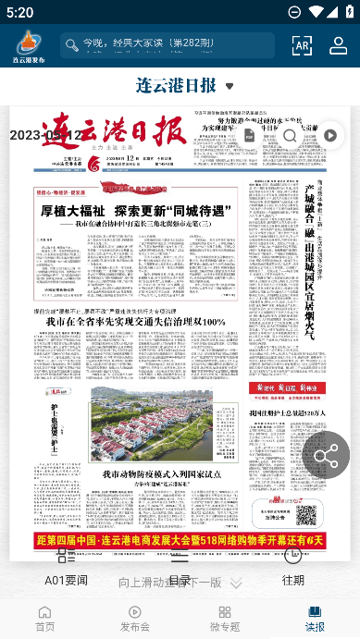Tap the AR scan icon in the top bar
(x=302, y=45)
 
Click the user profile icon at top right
(x=338, y=45)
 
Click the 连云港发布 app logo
(x=28, y=45)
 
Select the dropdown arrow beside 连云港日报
(x=230, y=87)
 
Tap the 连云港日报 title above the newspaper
(x=176, y=86)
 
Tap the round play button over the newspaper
(x=330, y=136)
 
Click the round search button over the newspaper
(x=290, y=136)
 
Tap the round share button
(x=326, y=454)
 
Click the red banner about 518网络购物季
(x=180, y=540)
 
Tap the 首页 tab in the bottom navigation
(x=44, y=618)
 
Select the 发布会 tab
(x=134, y=618)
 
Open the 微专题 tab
(x=224, y=618)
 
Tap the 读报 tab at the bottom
(x=315, y=618)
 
